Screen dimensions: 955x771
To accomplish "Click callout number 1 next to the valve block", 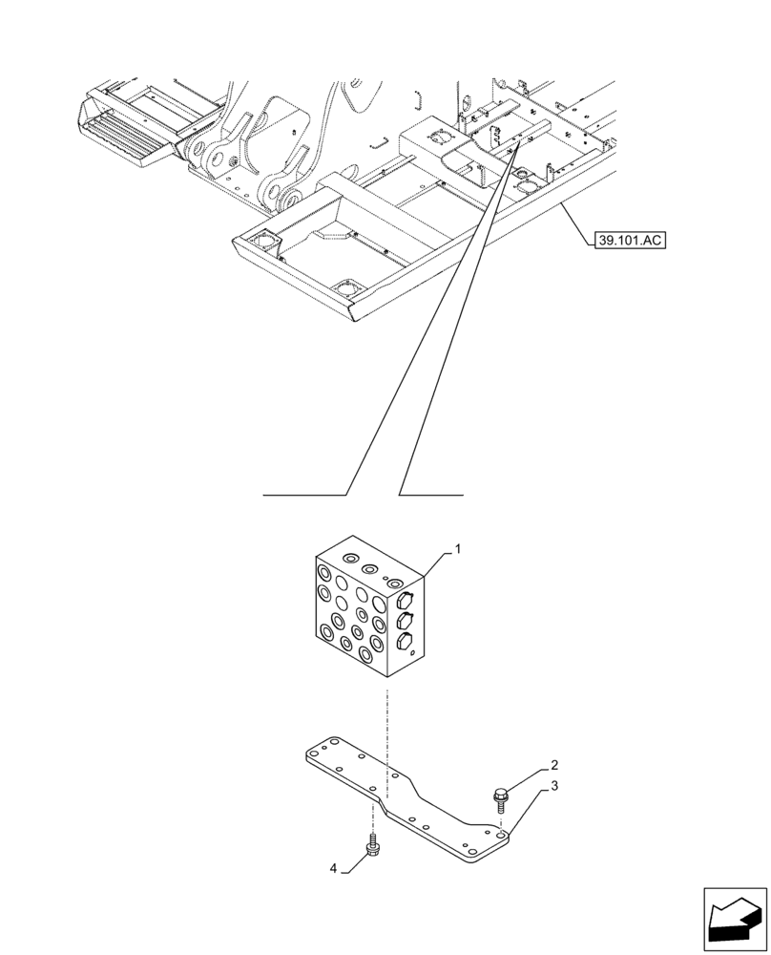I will (x=458, y=549).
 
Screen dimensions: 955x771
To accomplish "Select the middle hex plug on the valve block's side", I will (x=404, y=622).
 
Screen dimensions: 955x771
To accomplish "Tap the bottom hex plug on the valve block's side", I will (x=405, y=642).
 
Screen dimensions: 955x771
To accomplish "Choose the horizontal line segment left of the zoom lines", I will (x=304, y=495).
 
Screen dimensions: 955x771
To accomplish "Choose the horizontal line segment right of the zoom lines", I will (x=431, y=495).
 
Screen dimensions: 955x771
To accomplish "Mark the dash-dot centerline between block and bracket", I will (x=386, y=726).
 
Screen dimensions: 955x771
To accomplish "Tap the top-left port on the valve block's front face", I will (x=325, y=576).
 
